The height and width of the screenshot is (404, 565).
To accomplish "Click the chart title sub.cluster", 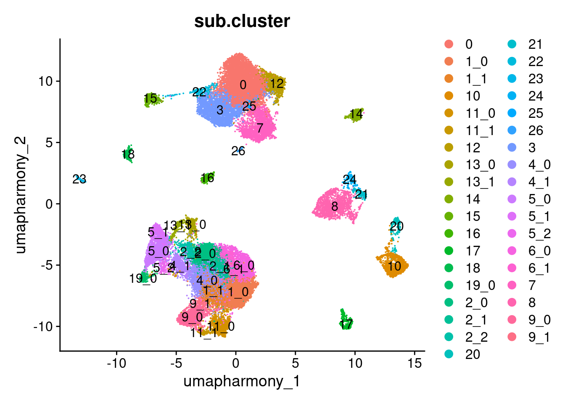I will pos(242,21).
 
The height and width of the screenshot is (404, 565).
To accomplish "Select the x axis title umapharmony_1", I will pos(242,381).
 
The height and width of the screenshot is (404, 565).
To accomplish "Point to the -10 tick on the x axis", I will pos(116,363).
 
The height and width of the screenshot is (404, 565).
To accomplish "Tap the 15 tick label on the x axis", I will pos(415,363).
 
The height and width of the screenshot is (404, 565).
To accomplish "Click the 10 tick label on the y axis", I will pos(46,81).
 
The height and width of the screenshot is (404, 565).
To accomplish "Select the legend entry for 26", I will pos(536,130).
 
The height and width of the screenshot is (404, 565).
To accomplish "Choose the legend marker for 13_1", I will pos(449,182).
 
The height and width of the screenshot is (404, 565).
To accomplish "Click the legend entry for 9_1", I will pos(539,338).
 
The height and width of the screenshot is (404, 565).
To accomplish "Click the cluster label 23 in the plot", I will pos(79,180).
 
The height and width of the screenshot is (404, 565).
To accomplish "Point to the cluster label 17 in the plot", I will pos(346,324).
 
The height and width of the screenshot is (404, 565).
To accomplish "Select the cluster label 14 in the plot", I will pos(356,114).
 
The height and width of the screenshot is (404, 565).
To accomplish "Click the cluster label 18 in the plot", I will pos(128,154).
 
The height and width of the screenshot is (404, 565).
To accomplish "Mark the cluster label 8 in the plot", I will pos(335,207).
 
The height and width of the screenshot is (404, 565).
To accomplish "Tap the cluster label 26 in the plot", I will pos(238,151).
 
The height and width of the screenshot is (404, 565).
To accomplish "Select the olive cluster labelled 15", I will pos(151,100).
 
